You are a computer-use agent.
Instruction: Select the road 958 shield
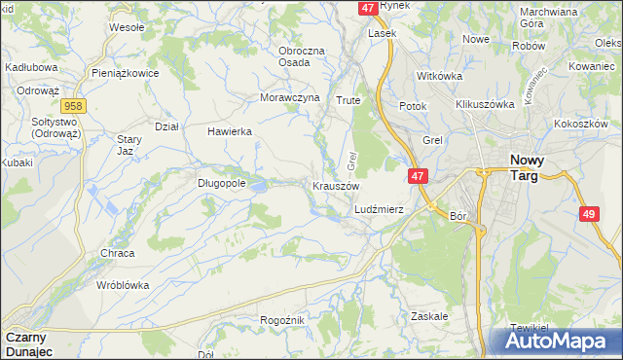pyautogui.click(x=71, y=106)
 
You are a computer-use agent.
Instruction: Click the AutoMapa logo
pyautogui.click(x=560, y=342)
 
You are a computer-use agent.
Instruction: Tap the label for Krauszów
pyautogui.click(x=337, y=186)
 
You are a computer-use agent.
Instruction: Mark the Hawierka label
pyautogui.click(x=230, y=131)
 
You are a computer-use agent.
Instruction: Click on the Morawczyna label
pyautogui.click(x=290, y=98)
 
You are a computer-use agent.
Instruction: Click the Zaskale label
pyautogui.click(x=428, y=316)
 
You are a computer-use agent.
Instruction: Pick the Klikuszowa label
pyautogui.click(x=484, y=104)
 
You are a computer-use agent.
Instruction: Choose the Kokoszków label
pyautogui.click(x=581, y=124)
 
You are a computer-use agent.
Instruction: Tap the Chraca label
pyautogui.click(x=118, y=253)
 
